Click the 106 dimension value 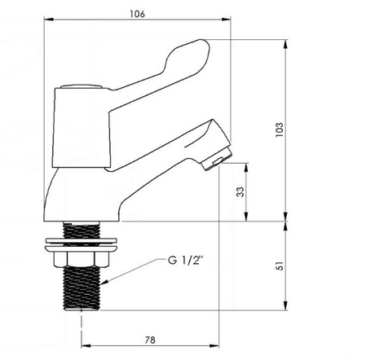(137, 14)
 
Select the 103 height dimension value (279, 130)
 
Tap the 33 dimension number (240, 192)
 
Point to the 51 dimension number (280, 266)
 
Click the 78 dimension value (150, 340)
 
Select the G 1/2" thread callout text (185, 261)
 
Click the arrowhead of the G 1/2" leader (104, 283)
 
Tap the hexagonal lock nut (81, 259)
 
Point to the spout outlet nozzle (218, 160)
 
